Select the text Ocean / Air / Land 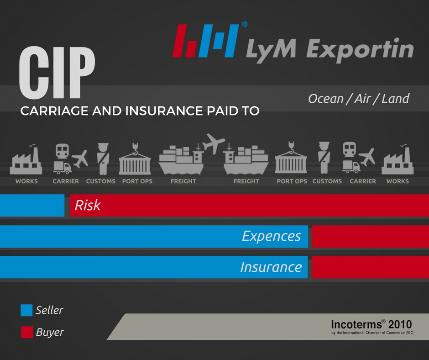(359, 99)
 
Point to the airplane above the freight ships (214, 143)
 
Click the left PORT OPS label (137, 181)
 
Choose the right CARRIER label (363, 181)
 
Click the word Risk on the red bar (88, 206)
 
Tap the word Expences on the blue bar (271, 236)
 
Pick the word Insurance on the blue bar (271, 267)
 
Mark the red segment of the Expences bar (370, 236)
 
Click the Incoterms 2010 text (371, 325)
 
